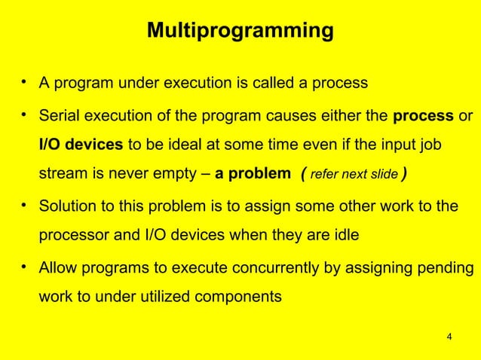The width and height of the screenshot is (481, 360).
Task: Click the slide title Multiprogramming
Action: pos(240,32)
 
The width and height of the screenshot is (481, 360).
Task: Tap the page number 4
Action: pos(449,336)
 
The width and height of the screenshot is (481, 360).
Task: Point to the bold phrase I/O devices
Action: pos(82,145)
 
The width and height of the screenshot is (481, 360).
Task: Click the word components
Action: pos(239,296)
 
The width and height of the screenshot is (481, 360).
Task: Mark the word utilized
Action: pos(154,296)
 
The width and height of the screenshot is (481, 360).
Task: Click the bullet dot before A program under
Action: pos(25,81)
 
